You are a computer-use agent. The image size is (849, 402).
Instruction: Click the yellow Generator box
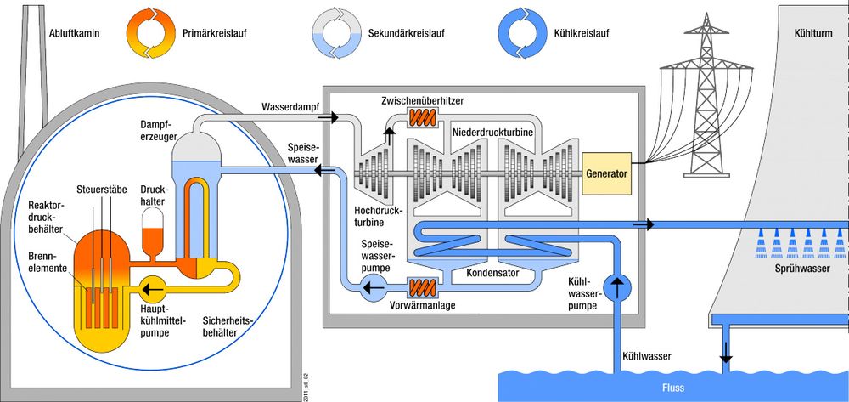click(x=606, y=174)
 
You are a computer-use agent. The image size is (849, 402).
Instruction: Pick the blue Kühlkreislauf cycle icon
click(x=521, y=33)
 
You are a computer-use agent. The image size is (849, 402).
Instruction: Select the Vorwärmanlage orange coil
click(x=422, y=289)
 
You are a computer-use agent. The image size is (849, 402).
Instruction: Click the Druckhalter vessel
click(x=155, y=232)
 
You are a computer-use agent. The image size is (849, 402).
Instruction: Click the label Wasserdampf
click(x=290, y=107)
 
